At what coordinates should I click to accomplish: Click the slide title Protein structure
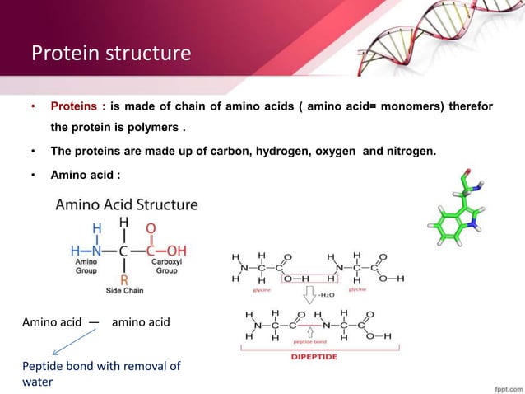110,54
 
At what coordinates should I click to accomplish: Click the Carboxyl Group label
167,265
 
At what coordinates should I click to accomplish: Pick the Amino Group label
86,265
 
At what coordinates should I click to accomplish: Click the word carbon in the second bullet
233,152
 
